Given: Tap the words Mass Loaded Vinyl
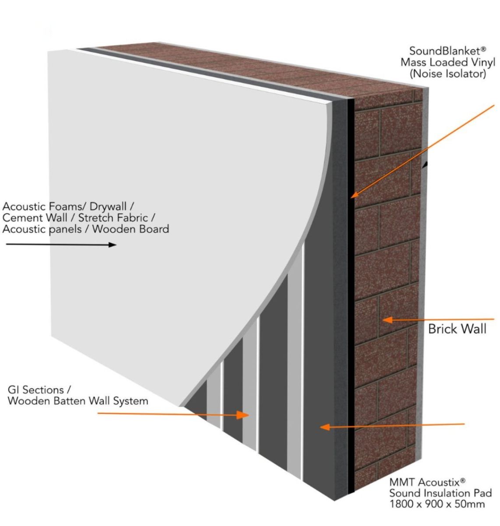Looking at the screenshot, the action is tap(448, 62).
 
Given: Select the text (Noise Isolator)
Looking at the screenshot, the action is tap(448, 74).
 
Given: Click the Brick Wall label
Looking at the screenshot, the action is tap(457, 329).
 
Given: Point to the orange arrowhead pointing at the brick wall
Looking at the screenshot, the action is tap(387, 320).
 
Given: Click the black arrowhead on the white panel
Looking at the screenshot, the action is tap(112, 245).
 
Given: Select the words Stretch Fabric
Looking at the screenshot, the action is tap(113, 218).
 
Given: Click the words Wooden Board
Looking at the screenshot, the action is tap(130, 229).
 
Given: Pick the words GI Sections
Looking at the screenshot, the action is tap(36, 390).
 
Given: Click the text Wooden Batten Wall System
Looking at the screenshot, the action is tap(78, 401).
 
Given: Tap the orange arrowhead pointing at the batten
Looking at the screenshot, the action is tap(243, 415).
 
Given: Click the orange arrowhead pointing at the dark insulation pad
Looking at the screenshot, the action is tap(325, 427).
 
